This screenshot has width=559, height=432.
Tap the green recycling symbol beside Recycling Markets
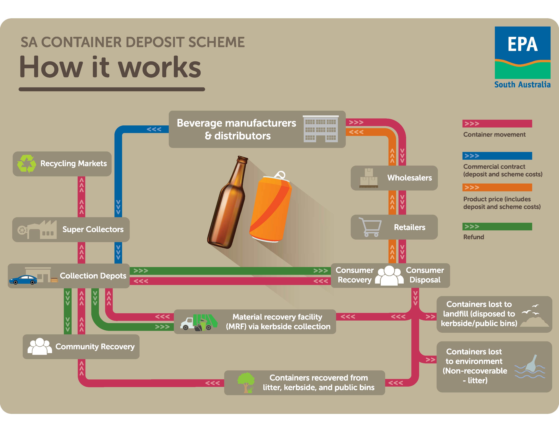pyautogui.click(x=26, y=164)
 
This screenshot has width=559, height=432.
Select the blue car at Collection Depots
pyautogui.click(x=23, y=280)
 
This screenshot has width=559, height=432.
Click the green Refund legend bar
pyautogui.click(x=497, y=227)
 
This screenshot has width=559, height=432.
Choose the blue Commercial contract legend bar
pyautogui.click(x=497, y=156)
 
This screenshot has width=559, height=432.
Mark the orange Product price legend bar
pyautogui.click(x=497, y=187)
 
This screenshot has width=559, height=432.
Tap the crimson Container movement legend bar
pyautogui.click(x=497, y=124)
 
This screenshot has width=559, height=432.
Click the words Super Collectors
pyautogui.click(x=93, y=229)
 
